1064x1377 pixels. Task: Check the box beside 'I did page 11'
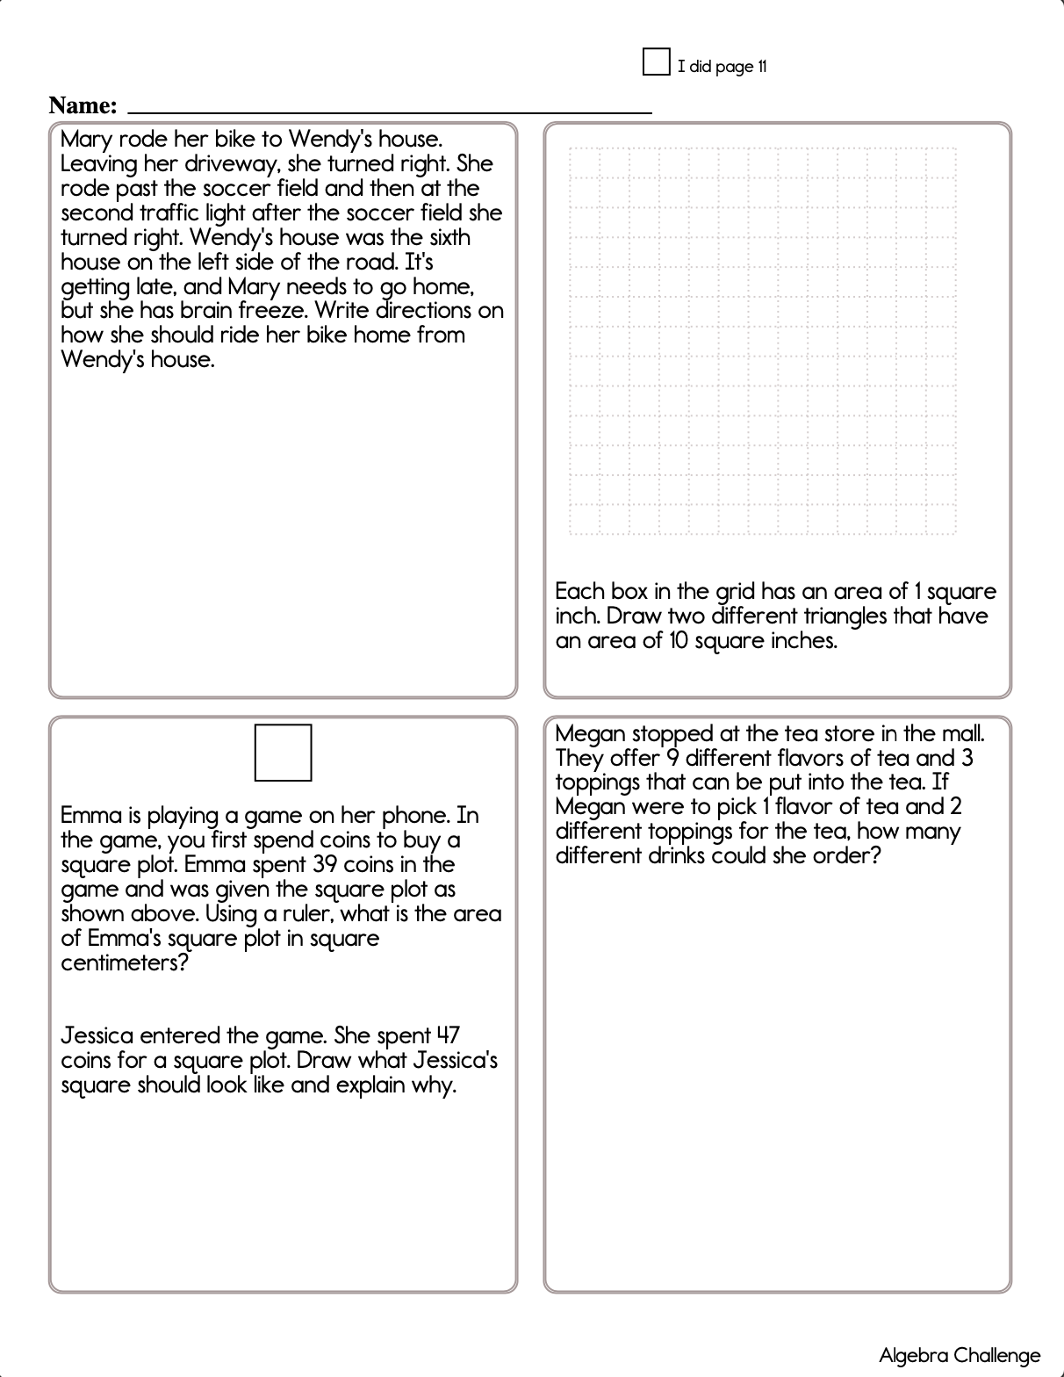tap(656, 62)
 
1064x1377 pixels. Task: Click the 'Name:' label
tap(83, 105)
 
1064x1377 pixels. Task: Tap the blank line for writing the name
tap(390, 111)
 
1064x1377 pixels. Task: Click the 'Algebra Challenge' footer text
tap(960, 1356)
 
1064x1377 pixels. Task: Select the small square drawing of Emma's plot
tap(283, 753)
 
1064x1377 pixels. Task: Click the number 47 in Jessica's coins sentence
tap(448, 1036)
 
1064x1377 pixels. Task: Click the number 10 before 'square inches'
tap(679, 641)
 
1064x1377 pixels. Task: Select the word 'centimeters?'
tap(125, 963)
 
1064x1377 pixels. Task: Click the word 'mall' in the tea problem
tap(962, 734)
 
